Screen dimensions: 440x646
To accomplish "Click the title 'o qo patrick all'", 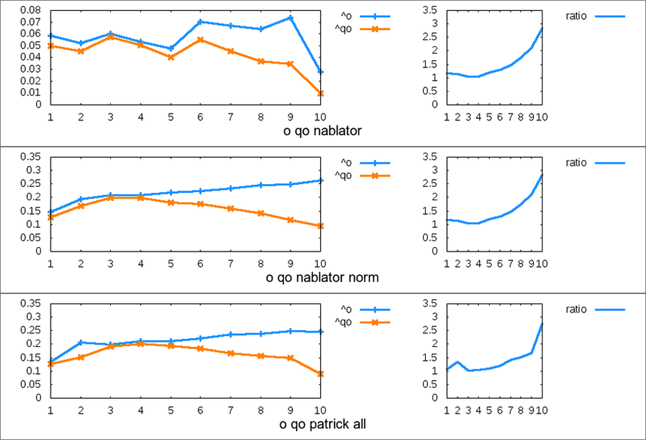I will tap(322, 425).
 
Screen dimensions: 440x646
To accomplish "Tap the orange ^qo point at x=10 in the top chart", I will tap(321, 93).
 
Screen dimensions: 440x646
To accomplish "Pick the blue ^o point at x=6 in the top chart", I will tap(200, 22).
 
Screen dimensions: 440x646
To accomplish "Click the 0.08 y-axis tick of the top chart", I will tap(32, 10).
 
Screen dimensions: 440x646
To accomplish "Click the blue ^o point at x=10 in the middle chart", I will tap(321, 180).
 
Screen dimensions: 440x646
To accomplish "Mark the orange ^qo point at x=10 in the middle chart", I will tap(321, 226).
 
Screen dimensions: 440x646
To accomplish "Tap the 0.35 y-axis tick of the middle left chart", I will tap(32, 157).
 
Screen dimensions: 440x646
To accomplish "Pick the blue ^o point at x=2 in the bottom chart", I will tap(80, 342).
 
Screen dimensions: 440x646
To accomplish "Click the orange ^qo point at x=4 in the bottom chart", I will tap(140, 343).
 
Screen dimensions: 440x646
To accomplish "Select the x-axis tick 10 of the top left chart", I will tap(321, 116).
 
